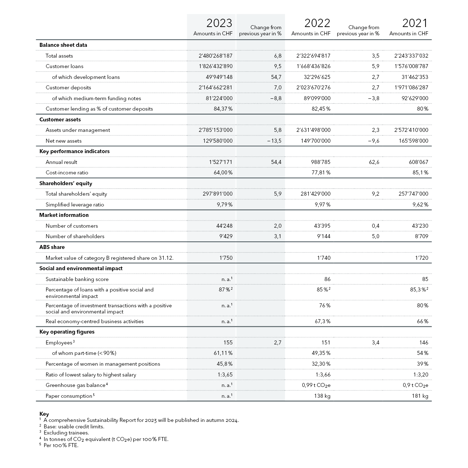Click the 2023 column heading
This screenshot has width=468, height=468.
pos(219,23)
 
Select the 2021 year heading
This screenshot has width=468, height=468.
pos(415,23)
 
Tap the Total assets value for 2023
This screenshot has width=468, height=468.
pos(215,56)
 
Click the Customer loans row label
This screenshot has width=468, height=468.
pos(64,66)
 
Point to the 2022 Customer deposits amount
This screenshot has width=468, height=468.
pos(313,88)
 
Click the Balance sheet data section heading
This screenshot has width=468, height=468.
pos(63,45)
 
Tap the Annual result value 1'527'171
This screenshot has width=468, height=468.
pos(220,162)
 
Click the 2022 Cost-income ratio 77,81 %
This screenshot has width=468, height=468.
pos(321,173)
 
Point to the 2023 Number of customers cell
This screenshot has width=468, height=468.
pos(224,226)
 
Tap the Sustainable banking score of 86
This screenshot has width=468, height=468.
pos(327,279)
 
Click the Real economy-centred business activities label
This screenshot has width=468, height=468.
pos(94,321)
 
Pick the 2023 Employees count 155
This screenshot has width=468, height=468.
pos(228,343)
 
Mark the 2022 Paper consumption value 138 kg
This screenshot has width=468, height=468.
pos(322,396)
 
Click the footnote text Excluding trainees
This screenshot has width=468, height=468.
pos(66,433)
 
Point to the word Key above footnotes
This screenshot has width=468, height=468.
pos(44,414)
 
